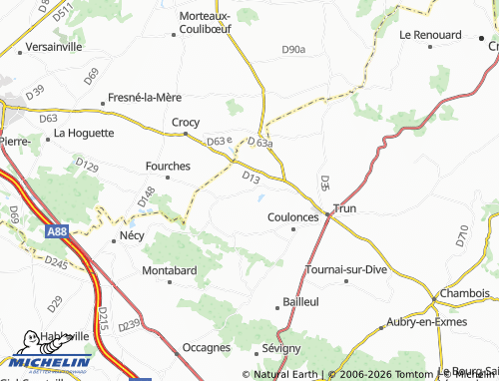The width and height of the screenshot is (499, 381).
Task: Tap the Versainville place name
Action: (x=54, y=47)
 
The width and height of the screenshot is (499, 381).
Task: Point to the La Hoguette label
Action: (x=84, y=132)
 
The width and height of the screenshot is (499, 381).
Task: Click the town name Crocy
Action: (x=186, y=123)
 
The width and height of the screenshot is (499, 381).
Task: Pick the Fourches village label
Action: (x=169, y=167)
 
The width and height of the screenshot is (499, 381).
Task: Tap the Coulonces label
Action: (x=293, y=216)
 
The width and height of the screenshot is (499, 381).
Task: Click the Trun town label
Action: (x=344, y=208)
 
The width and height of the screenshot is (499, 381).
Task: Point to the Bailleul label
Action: (x=300, y=301)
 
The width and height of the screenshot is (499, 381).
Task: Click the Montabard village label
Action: (x=170, y=270)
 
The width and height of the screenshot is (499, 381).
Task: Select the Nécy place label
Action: (x=132, y=235)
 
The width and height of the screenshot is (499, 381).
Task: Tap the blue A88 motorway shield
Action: (x=58, y=230)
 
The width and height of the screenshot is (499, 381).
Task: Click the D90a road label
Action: (x=293, y=49)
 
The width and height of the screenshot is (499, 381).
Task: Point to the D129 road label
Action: (x=87, y=167)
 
